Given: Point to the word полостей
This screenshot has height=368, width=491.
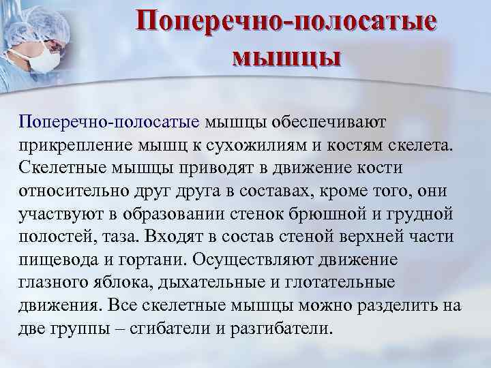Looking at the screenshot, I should click(52, 238).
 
